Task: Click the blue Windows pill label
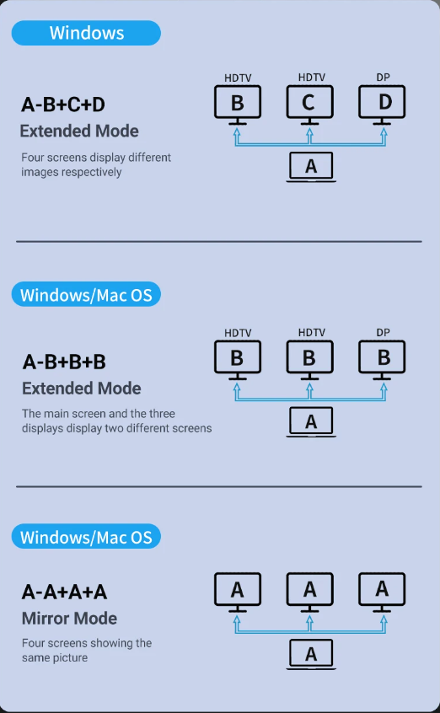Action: tap(86, 33)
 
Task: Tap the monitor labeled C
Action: tap(309, 105)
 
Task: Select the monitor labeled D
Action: tap(382, 105)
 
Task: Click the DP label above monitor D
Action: tap(384, 78)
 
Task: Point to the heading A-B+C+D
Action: tap(63, 105)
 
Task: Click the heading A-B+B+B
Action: tap(64, 362)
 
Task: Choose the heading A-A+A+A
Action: tap(64, 592)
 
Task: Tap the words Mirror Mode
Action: tap(70, 619)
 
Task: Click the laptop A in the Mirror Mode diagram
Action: tap(311, 654)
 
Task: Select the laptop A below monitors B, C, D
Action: tap(311, 167)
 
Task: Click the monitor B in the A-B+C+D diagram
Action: tap(238, 105)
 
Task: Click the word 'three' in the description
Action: tap(161, 414)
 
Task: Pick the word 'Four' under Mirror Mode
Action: tap(32, 643)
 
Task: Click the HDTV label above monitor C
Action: tap(312, 78)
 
